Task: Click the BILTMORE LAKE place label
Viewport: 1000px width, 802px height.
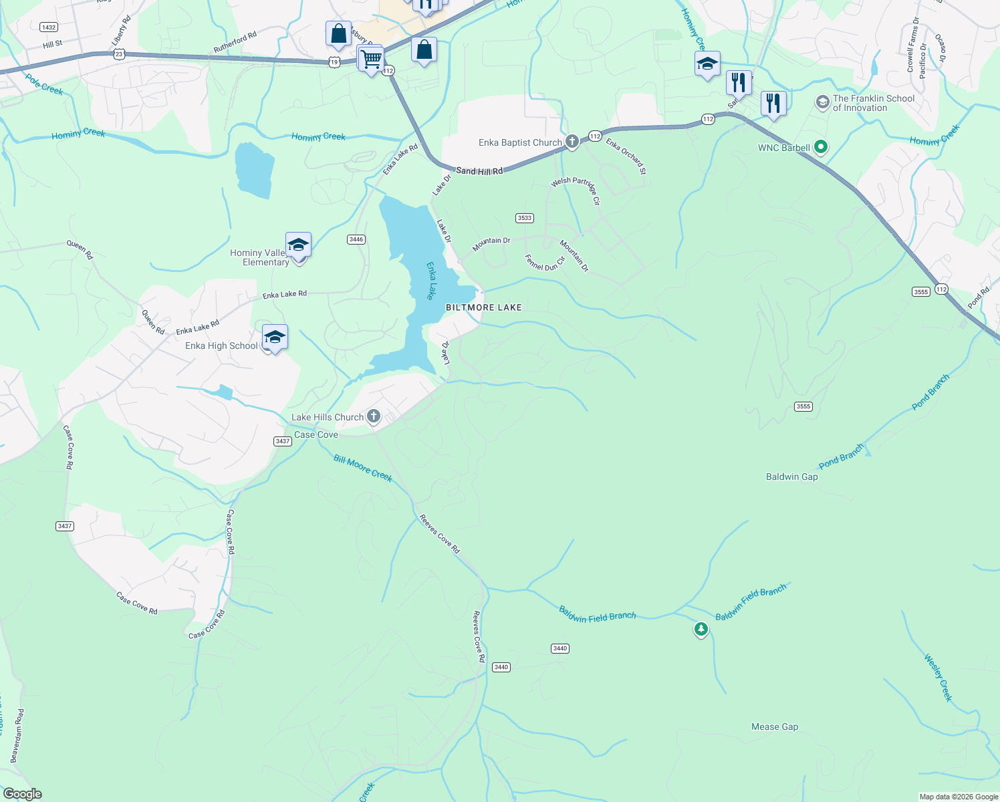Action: coord(483,307)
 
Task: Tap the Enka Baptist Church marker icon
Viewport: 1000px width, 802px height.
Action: coord(572,142)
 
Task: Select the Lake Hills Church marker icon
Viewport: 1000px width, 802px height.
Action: coord(374,417)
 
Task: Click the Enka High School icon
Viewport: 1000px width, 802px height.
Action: coord(275,338)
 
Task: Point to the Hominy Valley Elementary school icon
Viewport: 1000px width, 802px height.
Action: coord(298,245)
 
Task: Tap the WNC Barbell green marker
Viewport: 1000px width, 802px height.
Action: coord(822,147)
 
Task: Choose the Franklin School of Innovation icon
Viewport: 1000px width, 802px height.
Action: coord(822,102)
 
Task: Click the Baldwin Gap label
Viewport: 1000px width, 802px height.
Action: coord(791,477)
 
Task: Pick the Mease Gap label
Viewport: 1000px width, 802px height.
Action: coord(774,726)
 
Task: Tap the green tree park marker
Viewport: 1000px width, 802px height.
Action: coord(701,629)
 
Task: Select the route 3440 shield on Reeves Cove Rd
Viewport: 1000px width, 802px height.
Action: coord(501,667)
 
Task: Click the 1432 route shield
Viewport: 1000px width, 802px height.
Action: coord(48,27)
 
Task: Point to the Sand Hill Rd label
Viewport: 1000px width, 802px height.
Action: coord(479,171)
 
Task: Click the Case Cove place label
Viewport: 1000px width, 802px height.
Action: coord(316,434)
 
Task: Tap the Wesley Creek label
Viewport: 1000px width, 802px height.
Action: coord(938,678)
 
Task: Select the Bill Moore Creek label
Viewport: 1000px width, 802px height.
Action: coord(363,468)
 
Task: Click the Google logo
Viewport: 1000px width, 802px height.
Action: coord(23,794)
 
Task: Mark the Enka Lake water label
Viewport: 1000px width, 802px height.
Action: coord(431,281)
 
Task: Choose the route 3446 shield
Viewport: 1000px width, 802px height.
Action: coord(356,239)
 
